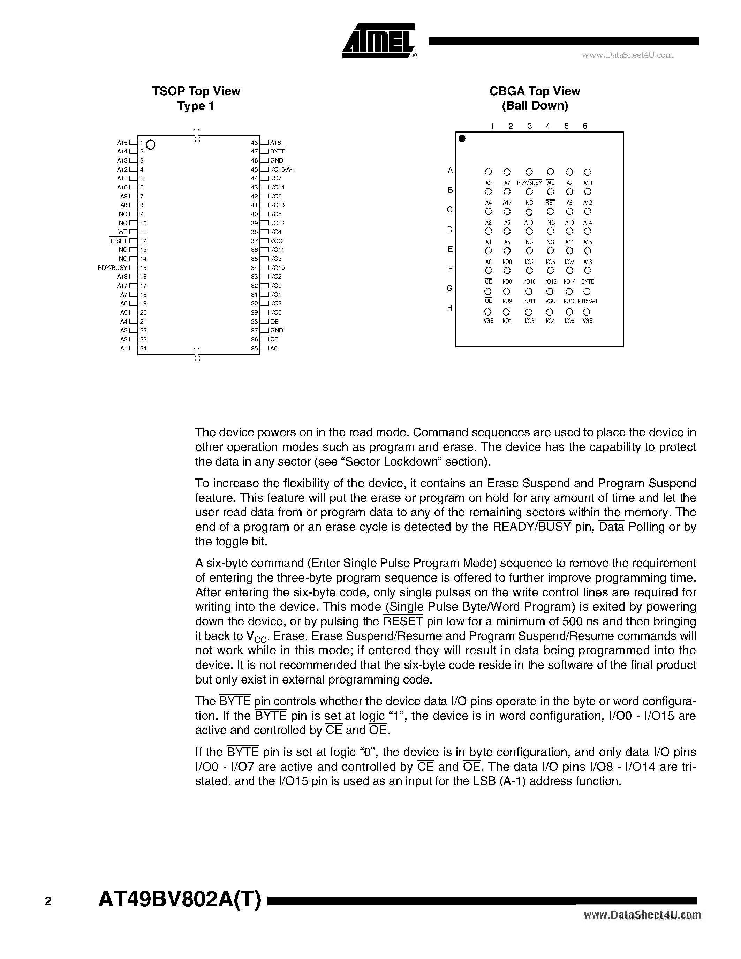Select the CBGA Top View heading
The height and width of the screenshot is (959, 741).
pyautogui.click(x=535, y=91)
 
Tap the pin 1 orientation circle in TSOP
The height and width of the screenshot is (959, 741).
pyautogui.click(x=151, y=144)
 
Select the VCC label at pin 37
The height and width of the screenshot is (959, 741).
pyautogui.click(x=276, y=241)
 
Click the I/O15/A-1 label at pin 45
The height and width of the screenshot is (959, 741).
pyautogui.click(x=282, y=169)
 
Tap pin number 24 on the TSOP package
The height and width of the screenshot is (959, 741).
pyautogui.click(x=143, y=348)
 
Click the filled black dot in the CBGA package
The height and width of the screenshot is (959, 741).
pyautogui.click(x=462, y=139)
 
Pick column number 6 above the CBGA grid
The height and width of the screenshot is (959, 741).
pyautogui.click(x=585, y=126)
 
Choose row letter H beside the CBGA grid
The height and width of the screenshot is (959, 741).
pyautogui.click(x=449, y=308)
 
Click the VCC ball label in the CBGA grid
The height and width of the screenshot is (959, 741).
pyautogui.click(x=550, y=301)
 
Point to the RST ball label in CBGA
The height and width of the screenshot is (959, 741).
pyautogui.click(x=550, y=202)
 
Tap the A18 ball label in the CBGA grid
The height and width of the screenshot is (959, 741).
pyautogui.click(x=529, y=222)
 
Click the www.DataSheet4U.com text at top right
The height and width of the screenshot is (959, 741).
pyautogui.click(x=627, y=55)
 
